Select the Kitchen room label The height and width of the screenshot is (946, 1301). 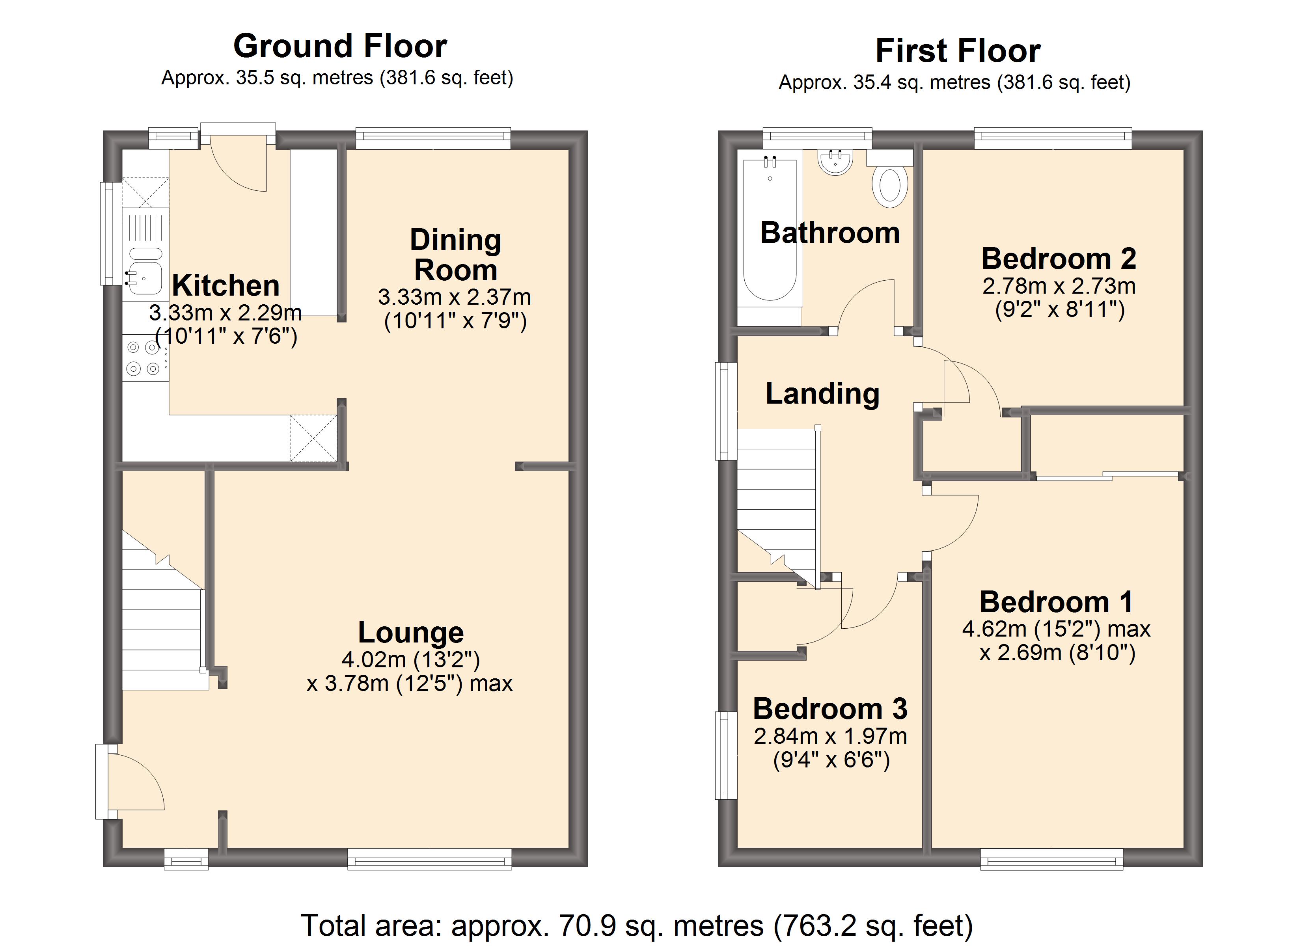(226, 285)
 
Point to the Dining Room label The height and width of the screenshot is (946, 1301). (455, 255)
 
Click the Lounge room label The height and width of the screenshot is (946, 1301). (411, 633)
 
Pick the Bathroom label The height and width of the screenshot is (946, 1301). (830, 233)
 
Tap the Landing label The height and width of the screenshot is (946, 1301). (823, 393)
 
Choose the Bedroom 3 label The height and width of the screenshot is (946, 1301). (830, 709)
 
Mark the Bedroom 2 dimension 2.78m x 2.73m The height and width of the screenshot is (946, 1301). (1059, 286)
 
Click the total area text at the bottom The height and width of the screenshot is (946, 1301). (637, 926)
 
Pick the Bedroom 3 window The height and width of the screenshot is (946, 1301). (726, 756)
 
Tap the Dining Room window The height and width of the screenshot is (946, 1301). (433, 138)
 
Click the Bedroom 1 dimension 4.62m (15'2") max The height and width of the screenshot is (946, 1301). (1056, 629)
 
